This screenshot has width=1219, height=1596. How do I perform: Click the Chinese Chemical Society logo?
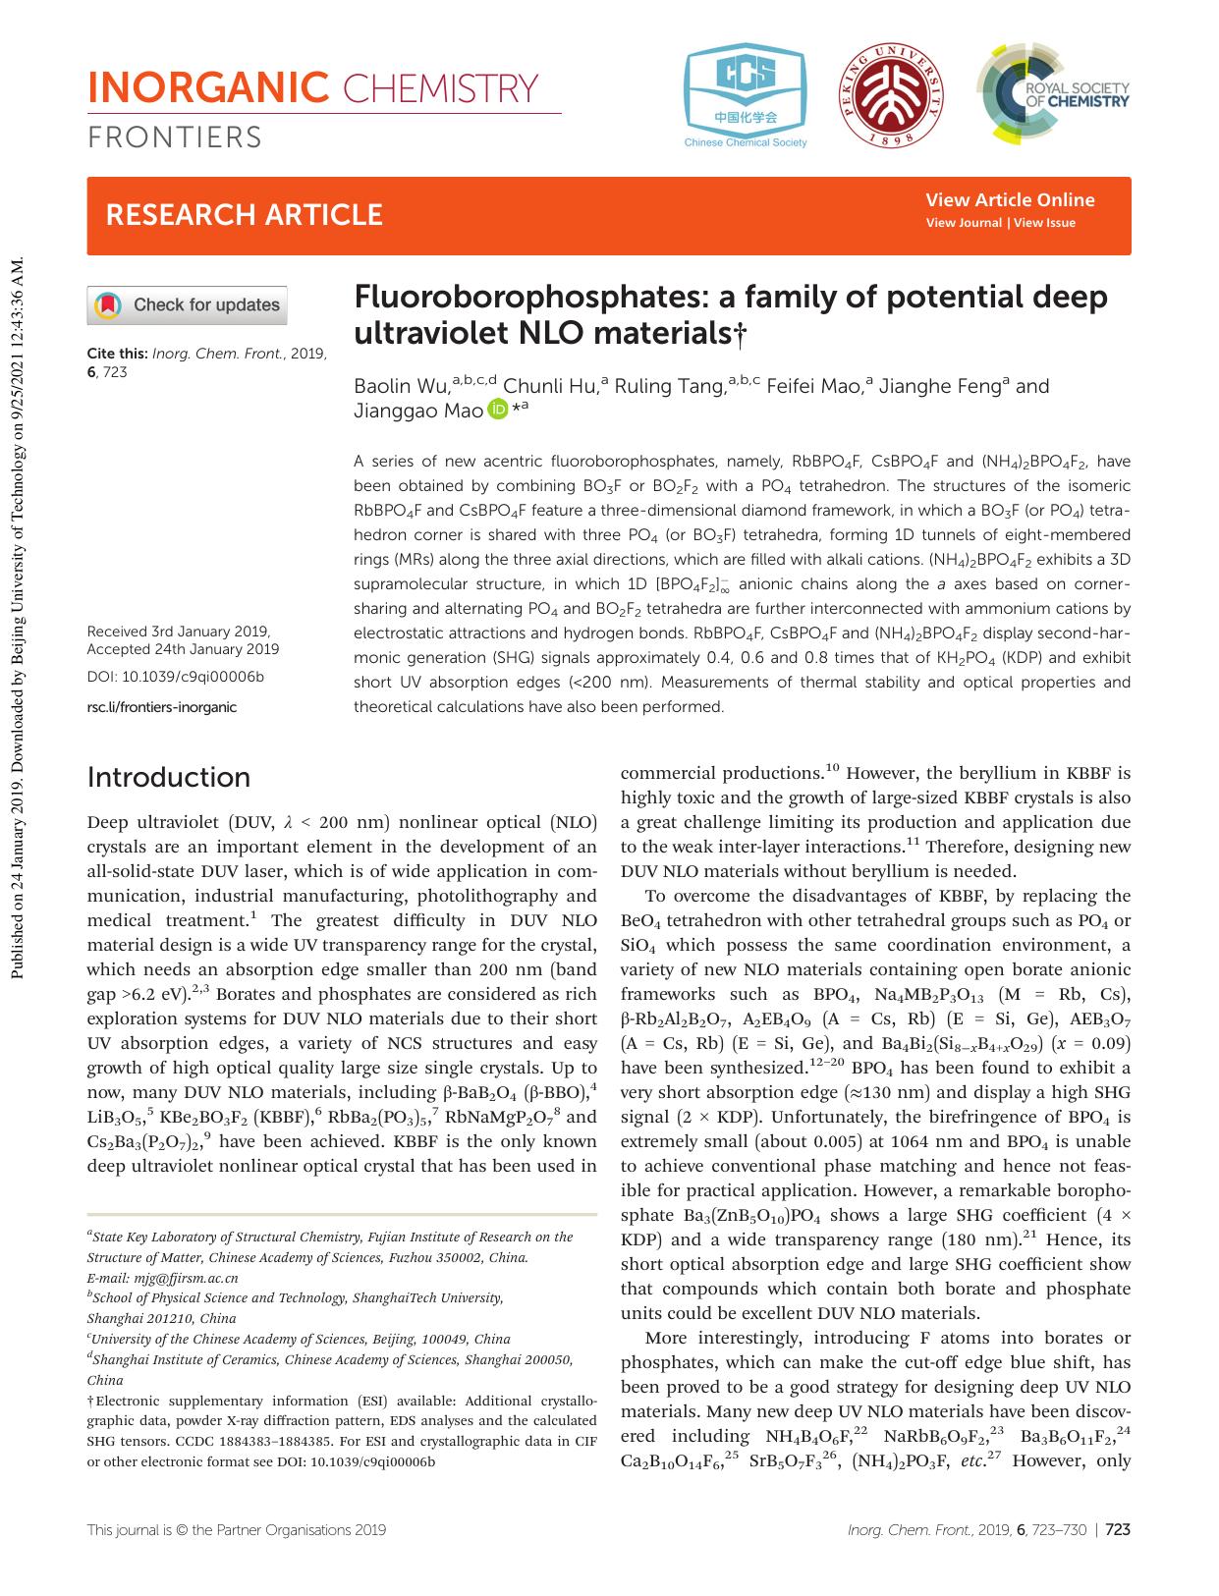click(746, 95)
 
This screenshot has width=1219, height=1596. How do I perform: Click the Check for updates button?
click(188, 305)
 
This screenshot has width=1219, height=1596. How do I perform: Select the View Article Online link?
click(1009, 200)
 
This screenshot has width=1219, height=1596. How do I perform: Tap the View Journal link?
click(963, 223)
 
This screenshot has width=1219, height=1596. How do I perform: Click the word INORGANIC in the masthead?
click(207, 88)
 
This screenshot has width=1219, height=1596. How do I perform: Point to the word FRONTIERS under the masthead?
click(175, 138)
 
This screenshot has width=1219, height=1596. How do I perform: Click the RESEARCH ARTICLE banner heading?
click(244, 215)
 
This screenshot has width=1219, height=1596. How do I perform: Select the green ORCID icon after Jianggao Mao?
click(498, 411)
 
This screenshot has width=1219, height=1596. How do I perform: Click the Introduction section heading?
click(168, 777)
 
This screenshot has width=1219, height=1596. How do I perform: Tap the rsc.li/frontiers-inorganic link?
click(162, 706)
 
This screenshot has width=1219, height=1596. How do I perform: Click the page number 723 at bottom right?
click(1119, 1529)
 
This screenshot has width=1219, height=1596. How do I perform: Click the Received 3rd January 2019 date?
click(179, 632)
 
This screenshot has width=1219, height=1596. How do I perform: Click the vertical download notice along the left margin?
click(17, 619)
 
